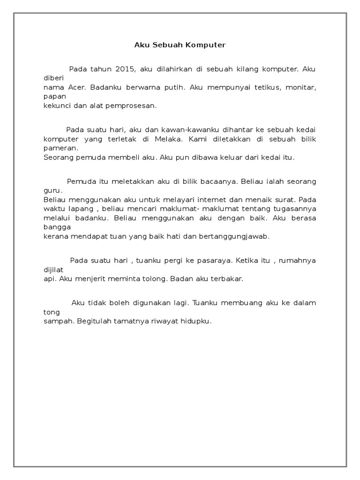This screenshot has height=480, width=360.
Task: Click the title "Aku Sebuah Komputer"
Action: (180, 45)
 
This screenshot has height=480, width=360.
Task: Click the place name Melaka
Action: (172, 139)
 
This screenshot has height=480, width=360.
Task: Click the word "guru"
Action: (52, 191)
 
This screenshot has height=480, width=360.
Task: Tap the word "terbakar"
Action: (227, 278)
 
